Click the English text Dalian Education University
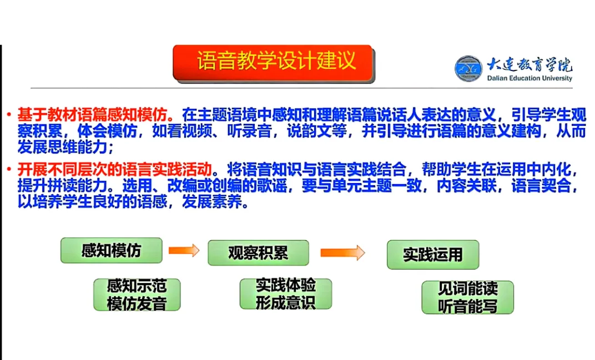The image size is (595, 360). coord(530,79)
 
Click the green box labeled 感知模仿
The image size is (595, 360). coord(111,250)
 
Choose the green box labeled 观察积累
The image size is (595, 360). coord(258,253)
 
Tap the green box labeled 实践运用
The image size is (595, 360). coord(432,255)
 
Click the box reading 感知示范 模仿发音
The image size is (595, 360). coord(136,295)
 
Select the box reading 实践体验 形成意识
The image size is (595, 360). coord(285,294)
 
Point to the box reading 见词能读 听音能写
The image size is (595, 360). coord(467,297)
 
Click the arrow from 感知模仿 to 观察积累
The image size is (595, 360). coord(184,251)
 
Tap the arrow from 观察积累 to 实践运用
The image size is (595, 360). coord(342,253)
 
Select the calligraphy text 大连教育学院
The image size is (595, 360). coord(530,65)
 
